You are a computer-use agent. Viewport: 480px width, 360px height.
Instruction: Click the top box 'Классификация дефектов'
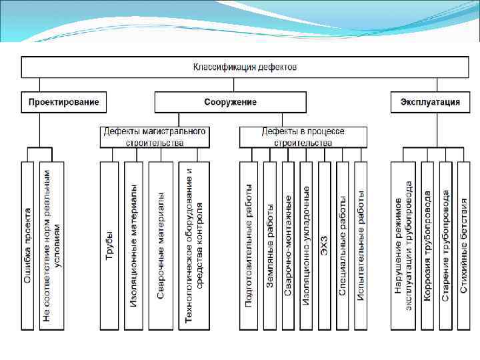pyautogui.click(x=245, y=67)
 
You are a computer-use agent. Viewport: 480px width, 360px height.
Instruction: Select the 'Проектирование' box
pyautogui.click(x=64, y=102)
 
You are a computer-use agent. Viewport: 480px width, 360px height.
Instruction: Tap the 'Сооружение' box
pyautogui.click(x=230, y=102)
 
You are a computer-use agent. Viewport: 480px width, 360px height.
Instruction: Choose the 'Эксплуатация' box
pyautogui.click(x=430, y=102)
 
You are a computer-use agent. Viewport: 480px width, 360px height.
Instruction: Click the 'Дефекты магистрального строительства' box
pyautogui.click(x=154, y=137)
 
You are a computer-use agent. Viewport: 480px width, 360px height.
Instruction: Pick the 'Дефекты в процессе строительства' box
pyautogui.click(x=303, y=137)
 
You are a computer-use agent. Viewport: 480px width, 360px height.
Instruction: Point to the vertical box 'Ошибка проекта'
pyautogui.click(x=27, y=245)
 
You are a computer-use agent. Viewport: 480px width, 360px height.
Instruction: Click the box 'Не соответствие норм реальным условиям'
pyautogui.click(x=52, y=245)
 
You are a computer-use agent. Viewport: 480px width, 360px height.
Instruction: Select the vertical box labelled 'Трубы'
pyautogui.click(x=109, y=245)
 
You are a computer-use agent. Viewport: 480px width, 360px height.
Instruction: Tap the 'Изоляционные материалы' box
pyautogui.click(x=134, y=245)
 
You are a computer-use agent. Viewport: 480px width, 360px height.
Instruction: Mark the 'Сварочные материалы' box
pyautogui.click(x=161, y=245)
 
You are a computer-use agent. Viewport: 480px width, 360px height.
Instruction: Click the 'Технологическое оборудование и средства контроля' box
pyautogui.click(x=194, y=245)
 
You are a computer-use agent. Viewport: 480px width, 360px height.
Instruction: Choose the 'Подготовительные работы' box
pyautogui.click(x=249, y=245)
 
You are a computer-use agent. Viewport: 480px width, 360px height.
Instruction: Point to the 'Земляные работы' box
pyautogui.click(x=269, y=245)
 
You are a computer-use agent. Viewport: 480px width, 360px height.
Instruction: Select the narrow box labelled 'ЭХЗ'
pyautogui.click(x=325, y=245)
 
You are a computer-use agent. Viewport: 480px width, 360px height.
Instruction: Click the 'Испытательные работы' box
pyautogui.click(x=361, y=245)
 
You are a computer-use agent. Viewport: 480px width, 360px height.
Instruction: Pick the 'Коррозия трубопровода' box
pyautogui.click(x=427, y=245)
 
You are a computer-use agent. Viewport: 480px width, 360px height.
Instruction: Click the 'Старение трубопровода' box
pyautogui.click(x=445, y=245)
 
